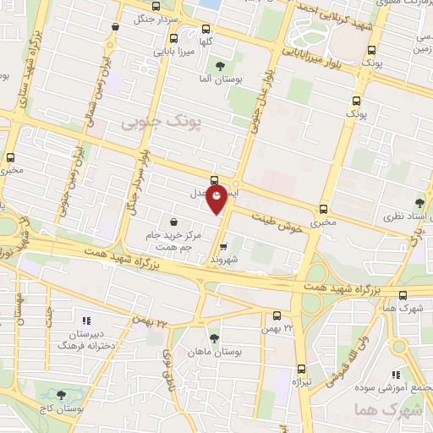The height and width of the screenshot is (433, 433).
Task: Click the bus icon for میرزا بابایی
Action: [173, 38]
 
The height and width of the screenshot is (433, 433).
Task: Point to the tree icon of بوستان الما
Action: [221, 66]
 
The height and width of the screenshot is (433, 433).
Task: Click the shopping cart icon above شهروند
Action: [223, 247]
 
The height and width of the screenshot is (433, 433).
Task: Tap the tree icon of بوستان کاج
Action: [60, 394]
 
